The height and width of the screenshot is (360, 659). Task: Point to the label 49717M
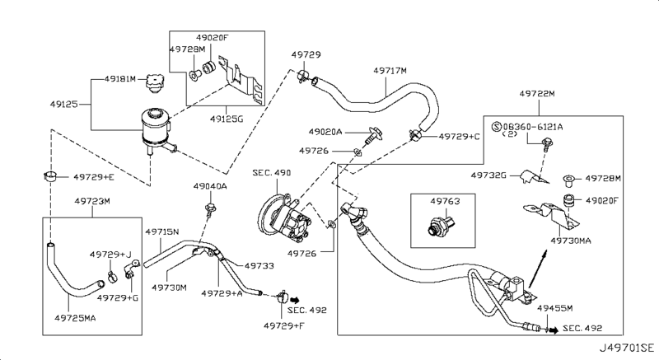pyautogui.click(x=390, y=72)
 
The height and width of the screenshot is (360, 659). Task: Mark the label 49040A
pyautogui.click(x=209, y=187)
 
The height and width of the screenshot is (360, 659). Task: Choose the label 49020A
pyautogui.click(x=328, y=131)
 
